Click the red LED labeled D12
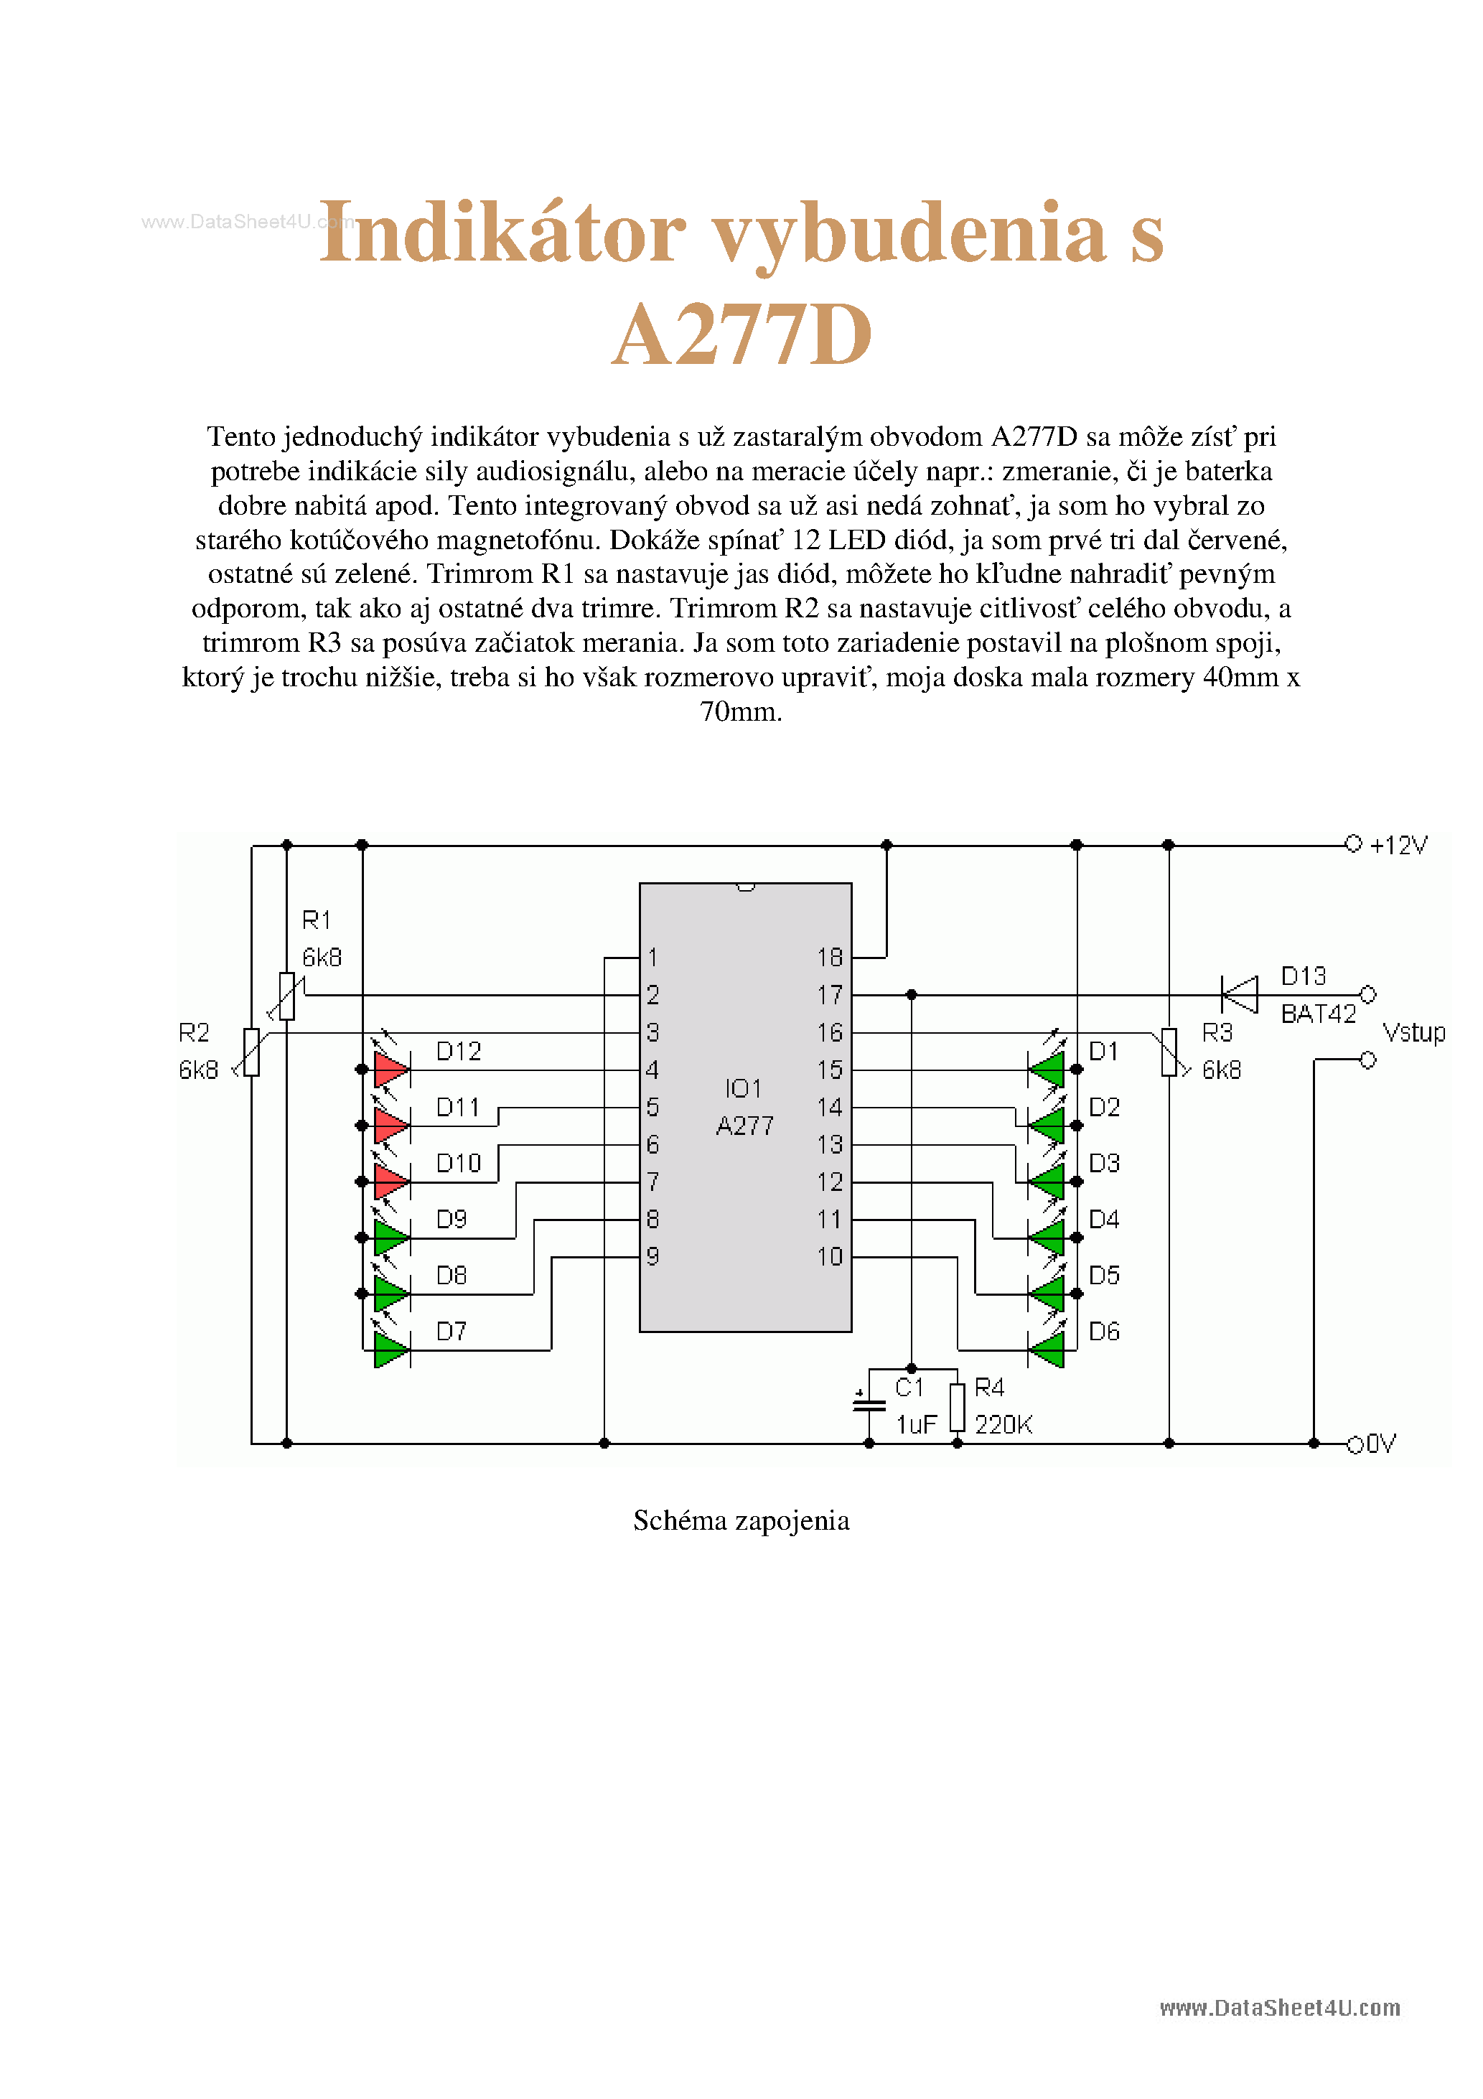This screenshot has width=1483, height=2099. point(391,1069)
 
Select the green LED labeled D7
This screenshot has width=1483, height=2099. point(391,1350)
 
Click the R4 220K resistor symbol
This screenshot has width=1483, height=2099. point(958,1407)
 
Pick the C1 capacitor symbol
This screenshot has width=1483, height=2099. point(869,1403)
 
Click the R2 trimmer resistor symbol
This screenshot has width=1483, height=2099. point(251,1052)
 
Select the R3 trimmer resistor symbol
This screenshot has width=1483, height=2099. point(1169,1052)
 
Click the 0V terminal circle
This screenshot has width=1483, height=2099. point(1355,1444)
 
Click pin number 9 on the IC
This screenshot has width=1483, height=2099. point(652,1256)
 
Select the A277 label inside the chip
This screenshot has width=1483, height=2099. point(744,1126)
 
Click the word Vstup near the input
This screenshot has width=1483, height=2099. point(1413,1033)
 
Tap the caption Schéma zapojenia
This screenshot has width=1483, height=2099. point(741,1520)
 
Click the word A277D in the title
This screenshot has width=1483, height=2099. point(741,335)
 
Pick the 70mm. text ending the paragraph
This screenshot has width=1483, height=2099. point(741,711)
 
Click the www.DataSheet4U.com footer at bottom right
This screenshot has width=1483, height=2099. point(1279,2008)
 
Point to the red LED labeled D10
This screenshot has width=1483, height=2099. point(391,1181)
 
